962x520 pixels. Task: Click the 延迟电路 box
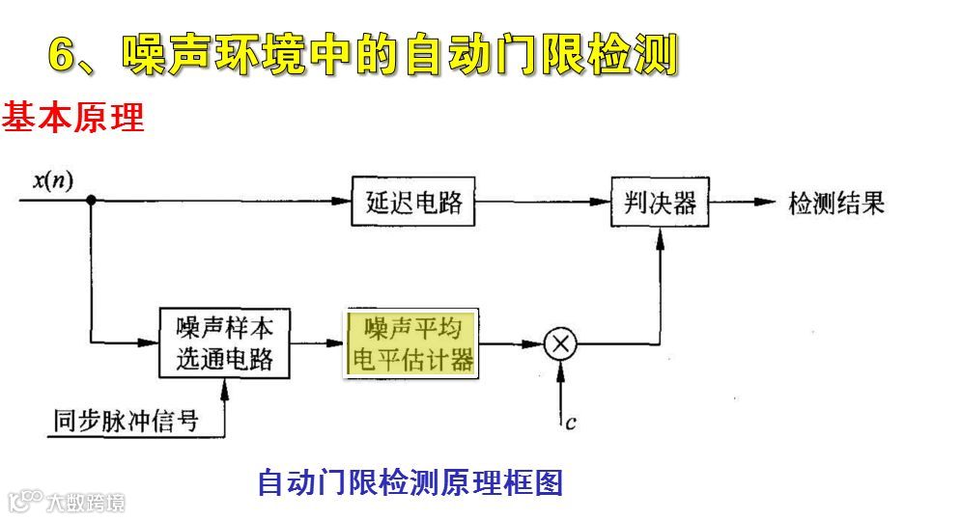pos(414,202)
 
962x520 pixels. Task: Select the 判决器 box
pos(660,202)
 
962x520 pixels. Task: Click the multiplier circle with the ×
pos(559,343)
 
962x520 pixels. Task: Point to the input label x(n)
pos(53,180)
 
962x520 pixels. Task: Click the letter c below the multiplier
pos(572,423)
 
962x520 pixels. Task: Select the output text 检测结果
pos(836,204)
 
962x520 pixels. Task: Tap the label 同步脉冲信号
pos(127,420)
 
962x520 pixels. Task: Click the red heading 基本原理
pos(73,118)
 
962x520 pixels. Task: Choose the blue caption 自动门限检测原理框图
pos(410,481)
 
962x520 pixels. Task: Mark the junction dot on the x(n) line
pos(91,201)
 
